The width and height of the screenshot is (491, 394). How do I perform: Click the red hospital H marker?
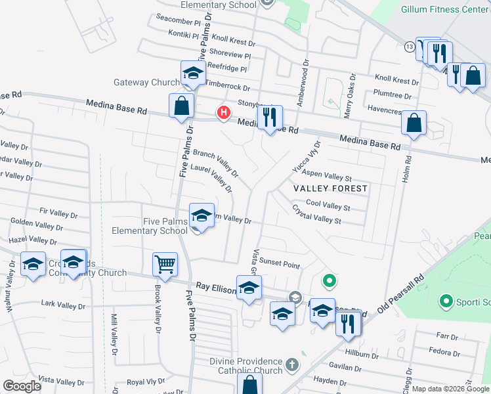pyautogui.click(x=224, y=112)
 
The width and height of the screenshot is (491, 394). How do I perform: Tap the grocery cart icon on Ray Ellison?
pyautogui.click(x=165, y=264)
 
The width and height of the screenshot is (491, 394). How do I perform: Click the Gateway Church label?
pyautogui.click(x=146, y=83)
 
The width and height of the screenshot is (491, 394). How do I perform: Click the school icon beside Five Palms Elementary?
pyautogui.click(x=202, y=215)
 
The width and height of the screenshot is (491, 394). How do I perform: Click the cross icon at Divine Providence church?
pyautogui.click(x=292, y=363)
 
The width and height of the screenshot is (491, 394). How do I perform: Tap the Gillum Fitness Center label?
pyautogui.click(x=447, y=9)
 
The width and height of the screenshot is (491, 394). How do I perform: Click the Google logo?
pyautogui.click(x=22, y=386)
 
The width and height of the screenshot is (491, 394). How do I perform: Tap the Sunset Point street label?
pyautogui.click(x=279, y=265)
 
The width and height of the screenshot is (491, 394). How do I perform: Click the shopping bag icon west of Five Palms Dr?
pyautogui.click(x=181, y=106)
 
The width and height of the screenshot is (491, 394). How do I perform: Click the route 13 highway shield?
pyautogui.click(x=409, y=47)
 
